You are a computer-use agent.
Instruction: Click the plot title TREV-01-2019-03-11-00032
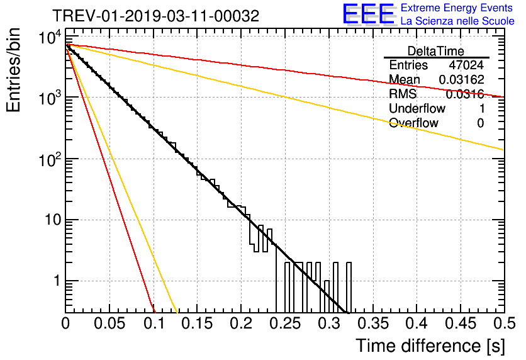pyautogui.click(x=155, y=16)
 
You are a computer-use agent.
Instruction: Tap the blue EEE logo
pyautogui.click(x=368, y=14)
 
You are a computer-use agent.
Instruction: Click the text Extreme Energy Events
pyautogui.click(x=457, y=8)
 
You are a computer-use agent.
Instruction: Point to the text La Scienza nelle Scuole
pyautogui.click(x=457, y=21)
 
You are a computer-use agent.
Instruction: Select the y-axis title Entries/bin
pyautogui.click(x=13, y=70)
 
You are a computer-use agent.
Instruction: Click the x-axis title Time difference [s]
pyautogui.click(x=430, y=346)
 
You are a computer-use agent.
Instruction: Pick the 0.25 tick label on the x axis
pyautogui.click(x=286, y=323)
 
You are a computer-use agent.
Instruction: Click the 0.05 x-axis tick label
pyautogui.click(x=109, y=323)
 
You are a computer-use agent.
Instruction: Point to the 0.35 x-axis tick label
pyautogui.click(x=373, y=323)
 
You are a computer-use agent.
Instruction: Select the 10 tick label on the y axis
pyautogui.click(x=53, y=220)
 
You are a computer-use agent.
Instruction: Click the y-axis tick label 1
pyautogui.click(x=57, y=281)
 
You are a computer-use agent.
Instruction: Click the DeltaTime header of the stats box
pyautogui.click(x=436, y=51)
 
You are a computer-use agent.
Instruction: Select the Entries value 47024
pyautogui.click(x=467, y=65)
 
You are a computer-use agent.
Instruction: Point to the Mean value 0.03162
pyautogui.click(x=462, y=79)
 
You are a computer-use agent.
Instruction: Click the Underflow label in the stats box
pyautogui.click(x=417, y=108)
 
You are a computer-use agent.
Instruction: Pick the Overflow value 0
pyautogui.click(x=481, y=123)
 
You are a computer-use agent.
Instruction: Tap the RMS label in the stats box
pyautogui.click(x=403, y=94)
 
